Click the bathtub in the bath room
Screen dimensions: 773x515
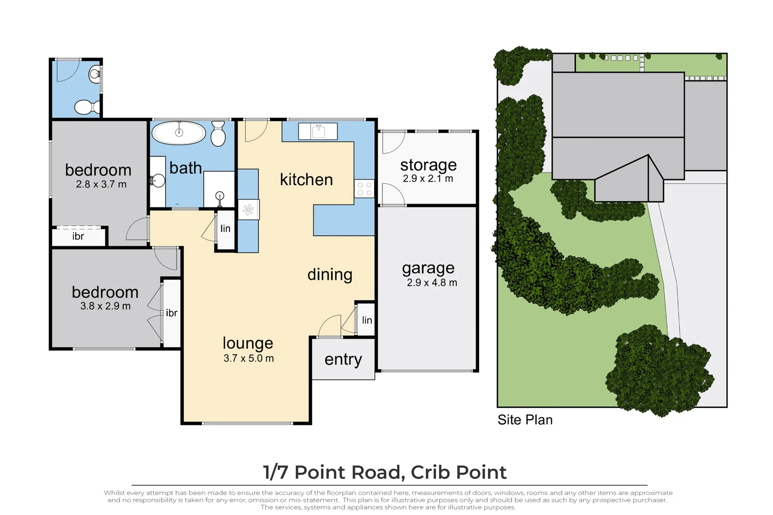click(x=179, y=133)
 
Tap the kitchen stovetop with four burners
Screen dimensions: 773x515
click(x=364, y=189)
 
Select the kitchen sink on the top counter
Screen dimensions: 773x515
click(x=318, y=132)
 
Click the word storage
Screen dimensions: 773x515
click(x=428, y=165)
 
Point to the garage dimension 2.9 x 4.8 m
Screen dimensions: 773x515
click(x=432, y=283)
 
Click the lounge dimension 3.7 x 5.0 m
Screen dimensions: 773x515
click(x=249, y=359)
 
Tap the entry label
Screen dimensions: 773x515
click(x=343, y=360)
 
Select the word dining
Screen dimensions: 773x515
click(x=330, y=275)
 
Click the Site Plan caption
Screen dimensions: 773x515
click(x=525, y=420)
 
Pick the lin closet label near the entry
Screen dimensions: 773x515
click(x=367, y=320)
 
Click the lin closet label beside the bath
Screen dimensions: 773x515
click(x=225, y=228)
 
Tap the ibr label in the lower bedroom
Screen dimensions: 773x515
click(x=171, y=313)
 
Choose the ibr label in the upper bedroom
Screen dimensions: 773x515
click(x=78, y=237)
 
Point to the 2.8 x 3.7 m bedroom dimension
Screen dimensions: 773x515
click(x=101, y=184)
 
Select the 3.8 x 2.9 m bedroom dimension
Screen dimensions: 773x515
click(x=105, y=306)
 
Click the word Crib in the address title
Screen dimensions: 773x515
click(x=429, y=472)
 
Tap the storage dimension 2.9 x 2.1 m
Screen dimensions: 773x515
click(x=428, y=179)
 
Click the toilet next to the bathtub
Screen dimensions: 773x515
click(x=218, y=134)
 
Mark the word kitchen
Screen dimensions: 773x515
click(x=306, y=180)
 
